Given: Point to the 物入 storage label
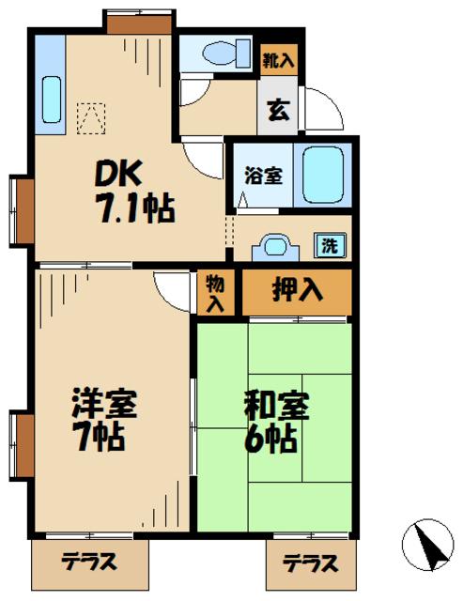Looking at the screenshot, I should point(216,292).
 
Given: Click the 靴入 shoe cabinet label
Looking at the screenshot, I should point(278,60).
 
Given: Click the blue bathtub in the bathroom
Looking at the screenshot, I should point(324,174).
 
